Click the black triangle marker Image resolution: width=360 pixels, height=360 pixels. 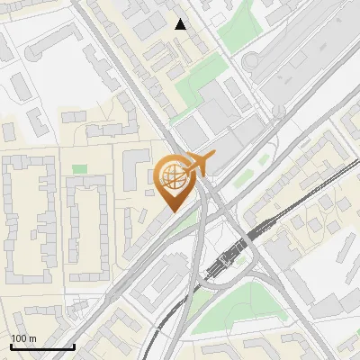coord(181,24)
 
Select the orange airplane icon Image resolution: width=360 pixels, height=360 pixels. coord(201,163)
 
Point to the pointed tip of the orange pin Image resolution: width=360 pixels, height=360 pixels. coord(172,211)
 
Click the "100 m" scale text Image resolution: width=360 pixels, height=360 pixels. coord(23,338)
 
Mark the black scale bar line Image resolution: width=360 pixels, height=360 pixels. coord(42,346)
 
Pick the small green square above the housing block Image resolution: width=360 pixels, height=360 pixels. coord(80,168)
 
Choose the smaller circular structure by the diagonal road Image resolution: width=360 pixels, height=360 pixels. coord(279,111)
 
